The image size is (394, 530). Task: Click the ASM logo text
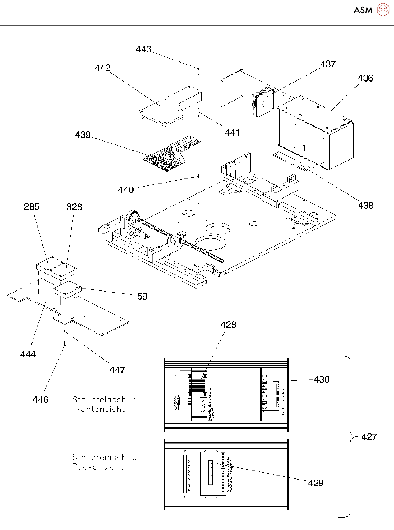(x=363, y=10)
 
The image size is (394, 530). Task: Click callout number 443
(x=143, y=49)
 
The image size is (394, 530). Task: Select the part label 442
(x=102, y=68)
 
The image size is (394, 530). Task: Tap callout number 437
(x=328, y=64)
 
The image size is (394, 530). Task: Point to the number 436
(x=365, y=78)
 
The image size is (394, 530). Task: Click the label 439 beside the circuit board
(x=83, y=135)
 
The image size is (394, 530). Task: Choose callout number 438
(x=365, y=206)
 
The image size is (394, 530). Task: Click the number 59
(x=142, y=296)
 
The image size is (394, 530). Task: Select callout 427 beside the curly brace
(x=369, y=437)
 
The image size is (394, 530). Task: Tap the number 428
(x=228, y=325)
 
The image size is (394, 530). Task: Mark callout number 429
(x=316, y=483)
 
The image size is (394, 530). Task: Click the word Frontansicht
(x=98, y=409)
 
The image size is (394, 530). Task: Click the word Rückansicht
(x=97, y=467)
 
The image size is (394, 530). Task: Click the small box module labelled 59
(x=67, y=290)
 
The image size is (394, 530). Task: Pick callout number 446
(x=40, y=400)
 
